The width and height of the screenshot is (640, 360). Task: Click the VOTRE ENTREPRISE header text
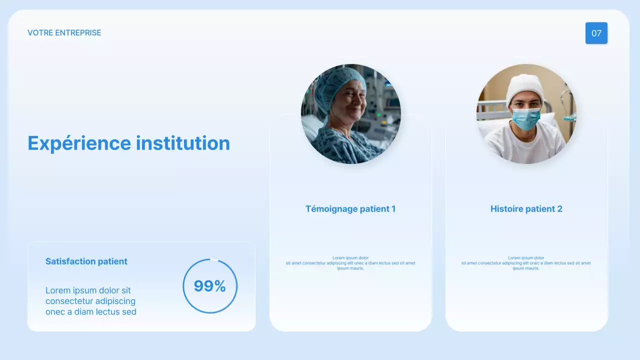pos(64,33)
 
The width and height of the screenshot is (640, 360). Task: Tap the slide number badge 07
pos(596,33)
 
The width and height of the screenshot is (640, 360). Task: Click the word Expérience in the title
pos(79,143)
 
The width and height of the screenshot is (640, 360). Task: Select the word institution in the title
pos(183,143)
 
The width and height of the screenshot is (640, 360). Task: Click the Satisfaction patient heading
pos(86,261)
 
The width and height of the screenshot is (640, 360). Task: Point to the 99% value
pos(210,286)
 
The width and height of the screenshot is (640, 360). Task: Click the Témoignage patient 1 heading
pos(350,209)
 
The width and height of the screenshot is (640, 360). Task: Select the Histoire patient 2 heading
pos(526,209)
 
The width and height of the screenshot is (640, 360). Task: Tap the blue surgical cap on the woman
pos(340,80)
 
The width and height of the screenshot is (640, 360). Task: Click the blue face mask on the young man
pos(525,119)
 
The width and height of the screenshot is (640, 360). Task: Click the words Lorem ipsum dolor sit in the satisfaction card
pos(88,290)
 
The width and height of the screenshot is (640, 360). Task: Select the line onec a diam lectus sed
pos(91,312)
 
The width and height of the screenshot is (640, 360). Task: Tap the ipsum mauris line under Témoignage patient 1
pos(350,268)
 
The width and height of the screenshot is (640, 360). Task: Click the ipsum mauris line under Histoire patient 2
pos(526,268)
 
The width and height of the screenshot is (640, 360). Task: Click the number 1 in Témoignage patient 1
pos(393,209)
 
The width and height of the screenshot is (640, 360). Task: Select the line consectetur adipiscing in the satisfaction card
pos(90,301)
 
